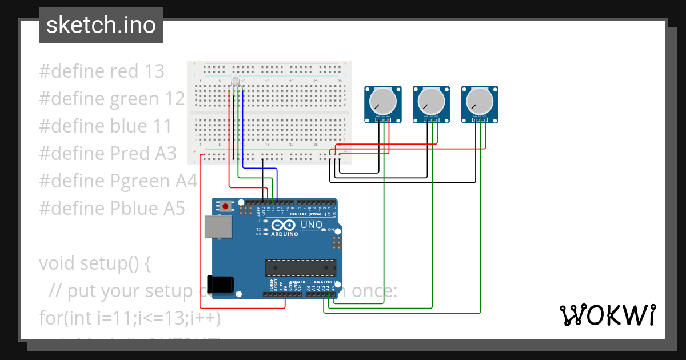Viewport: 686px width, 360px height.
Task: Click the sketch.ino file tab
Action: tap(101, 25)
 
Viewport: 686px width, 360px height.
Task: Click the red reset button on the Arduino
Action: tap(226, 206)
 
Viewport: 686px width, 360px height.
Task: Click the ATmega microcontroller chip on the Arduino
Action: tap(300, 267)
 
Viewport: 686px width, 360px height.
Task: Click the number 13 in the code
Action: tap(154, 71)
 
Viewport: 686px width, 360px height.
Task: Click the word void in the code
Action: tap(57, 263)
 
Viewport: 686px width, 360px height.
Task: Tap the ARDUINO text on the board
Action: tap(285, 234)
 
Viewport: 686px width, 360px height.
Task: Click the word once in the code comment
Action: tap(374, 291)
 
